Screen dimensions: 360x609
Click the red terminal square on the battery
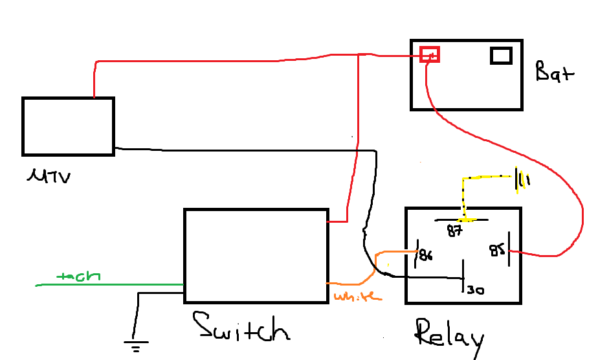[429, 54]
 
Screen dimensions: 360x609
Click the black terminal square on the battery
[501, 56]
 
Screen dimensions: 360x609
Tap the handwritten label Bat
[555, 71]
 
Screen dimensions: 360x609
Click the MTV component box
[68, 126]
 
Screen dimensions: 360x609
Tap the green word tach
[78, 276]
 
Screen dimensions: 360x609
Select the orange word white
[357, 297]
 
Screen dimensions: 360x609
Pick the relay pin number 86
[425, 254]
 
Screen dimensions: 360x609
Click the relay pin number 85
[496, 250]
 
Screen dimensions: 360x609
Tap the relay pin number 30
[475, 291]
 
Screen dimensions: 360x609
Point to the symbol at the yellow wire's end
[520, 181]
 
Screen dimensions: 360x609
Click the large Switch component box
[256, 256]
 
